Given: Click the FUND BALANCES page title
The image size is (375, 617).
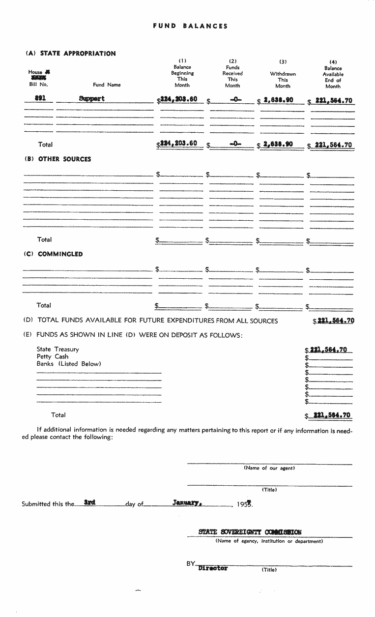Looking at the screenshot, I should (x=190, y=26).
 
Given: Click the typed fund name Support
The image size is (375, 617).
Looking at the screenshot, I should (x=92, y=98).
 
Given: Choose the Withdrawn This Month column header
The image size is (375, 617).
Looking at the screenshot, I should (x=283, y=80).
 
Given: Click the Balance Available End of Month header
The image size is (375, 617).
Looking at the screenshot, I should (x=333, y=74).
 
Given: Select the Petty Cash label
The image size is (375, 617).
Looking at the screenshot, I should (x=53, y=356).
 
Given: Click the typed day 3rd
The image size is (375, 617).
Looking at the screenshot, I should (x=89, y=502).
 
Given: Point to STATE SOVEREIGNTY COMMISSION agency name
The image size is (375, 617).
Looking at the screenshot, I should (x=250, y=532).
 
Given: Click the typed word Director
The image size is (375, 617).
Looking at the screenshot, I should (x=213, y=568).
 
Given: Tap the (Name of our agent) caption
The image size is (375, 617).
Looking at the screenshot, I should (x=269, y=468).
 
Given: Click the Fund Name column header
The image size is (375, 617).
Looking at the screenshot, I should (x=107, y=85).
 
